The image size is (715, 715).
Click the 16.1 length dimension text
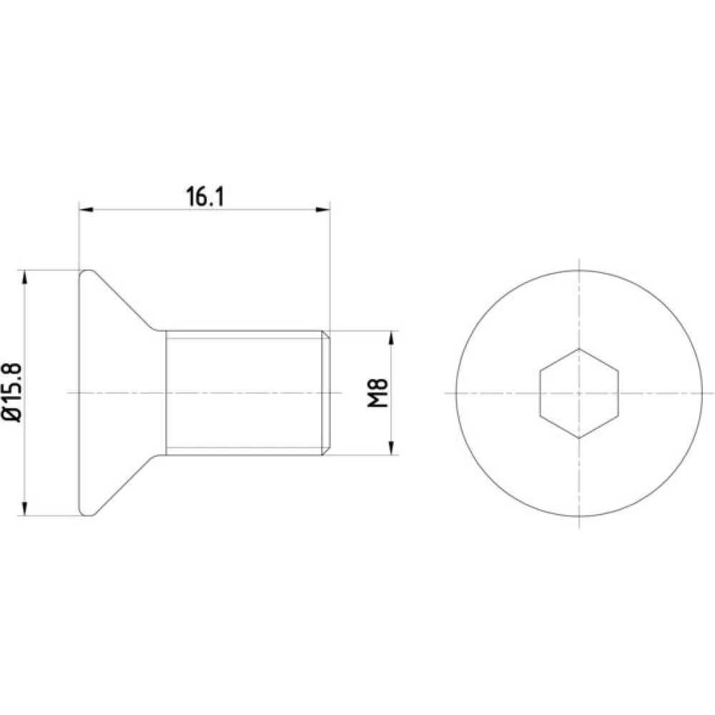[x=205, y=197]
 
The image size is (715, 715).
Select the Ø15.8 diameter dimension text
[x=13, y=393]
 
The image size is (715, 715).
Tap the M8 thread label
[x=378, y=393]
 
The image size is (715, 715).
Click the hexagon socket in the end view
[x=579, y=393]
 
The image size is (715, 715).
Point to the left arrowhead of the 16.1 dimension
[x=87, y=209]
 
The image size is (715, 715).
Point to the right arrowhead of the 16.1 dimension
[x=323, y=209]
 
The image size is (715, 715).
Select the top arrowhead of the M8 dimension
[x=391, y=338]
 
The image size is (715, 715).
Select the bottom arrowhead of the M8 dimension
[x=391, y=448]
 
